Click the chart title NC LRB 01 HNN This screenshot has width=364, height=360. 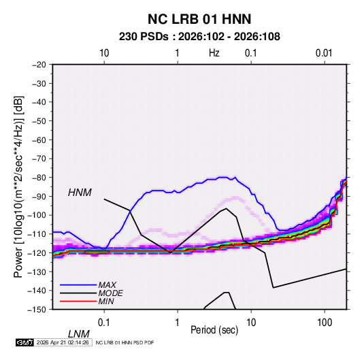(199, 19)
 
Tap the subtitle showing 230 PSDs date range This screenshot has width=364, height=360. (199, 37)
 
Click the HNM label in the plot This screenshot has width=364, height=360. (80, 193)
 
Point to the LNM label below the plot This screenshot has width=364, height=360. (78, 334)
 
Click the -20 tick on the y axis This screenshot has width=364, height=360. (39, 65)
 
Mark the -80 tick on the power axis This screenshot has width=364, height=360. (39, 178)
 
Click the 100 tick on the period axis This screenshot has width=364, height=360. (325, 323)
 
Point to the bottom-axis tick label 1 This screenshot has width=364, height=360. (178, 323)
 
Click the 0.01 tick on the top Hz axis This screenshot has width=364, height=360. (324, 53)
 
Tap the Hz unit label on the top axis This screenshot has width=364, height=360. (214, 53)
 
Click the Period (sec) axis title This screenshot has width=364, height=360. (214, 330)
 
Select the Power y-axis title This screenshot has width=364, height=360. (18, 187)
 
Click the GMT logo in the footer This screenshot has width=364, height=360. (24, 342)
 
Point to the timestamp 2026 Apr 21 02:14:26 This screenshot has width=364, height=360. (63, 342)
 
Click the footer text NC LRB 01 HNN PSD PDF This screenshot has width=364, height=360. (125, 342)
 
